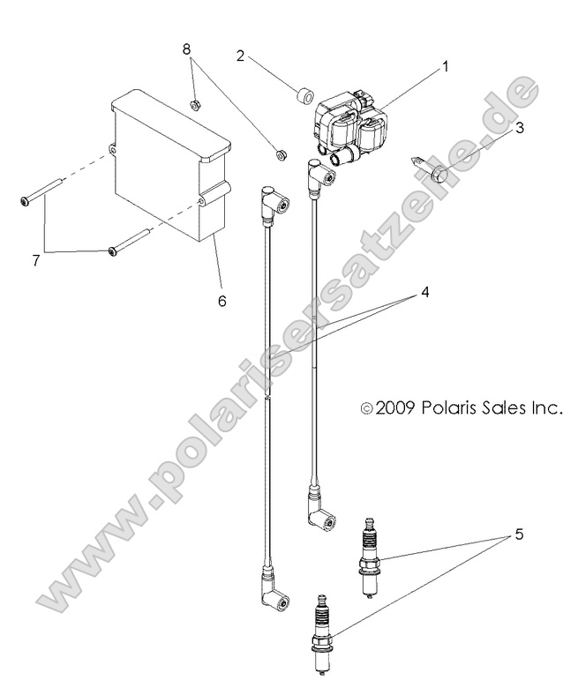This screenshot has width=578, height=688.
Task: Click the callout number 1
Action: (x=446, y=67)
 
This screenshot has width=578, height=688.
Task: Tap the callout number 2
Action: (x=240, y=56)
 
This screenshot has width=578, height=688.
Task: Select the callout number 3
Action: (x=519, y=128)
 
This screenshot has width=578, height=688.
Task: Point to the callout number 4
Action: (x=424, y=292)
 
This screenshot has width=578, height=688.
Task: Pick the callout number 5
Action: (x=519, y=535)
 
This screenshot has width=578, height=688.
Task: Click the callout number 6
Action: (x=222, y=301)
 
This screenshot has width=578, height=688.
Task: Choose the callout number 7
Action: (x=36, y=260)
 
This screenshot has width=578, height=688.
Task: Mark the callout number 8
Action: (x=187, y=49)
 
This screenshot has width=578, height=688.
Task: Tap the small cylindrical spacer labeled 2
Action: (x=306, y=95)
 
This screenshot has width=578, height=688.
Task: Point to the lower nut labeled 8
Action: (x=280, y=154)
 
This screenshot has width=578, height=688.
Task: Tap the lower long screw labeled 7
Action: (x=130, y=241)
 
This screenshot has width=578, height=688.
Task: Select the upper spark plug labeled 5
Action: (x=369, y=557)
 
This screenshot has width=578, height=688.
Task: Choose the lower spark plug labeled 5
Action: (x=321, y=633)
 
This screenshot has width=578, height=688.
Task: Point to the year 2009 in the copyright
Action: (x=394, y=408)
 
